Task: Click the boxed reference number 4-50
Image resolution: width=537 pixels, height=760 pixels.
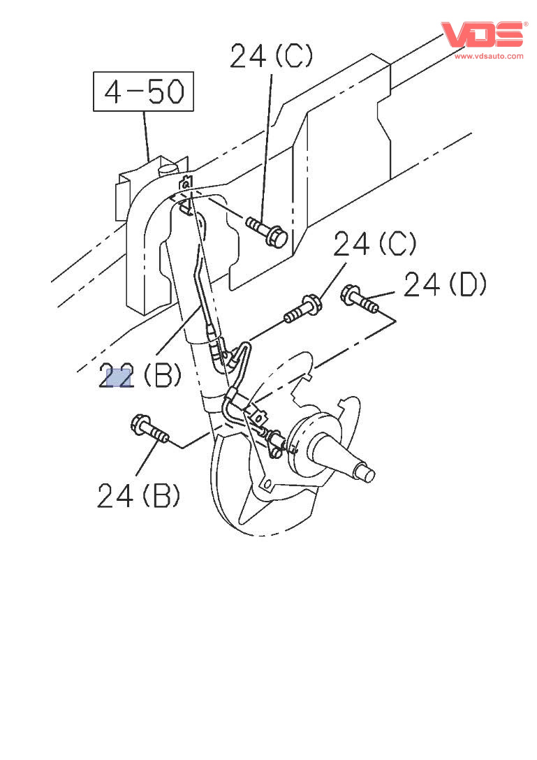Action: tap(144, 92)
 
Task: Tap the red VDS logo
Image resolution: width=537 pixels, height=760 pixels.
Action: tap(482, 34)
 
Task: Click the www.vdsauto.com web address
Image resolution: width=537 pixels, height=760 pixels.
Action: tap(489, 56)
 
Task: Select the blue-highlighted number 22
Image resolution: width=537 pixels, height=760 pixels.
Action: tap(116, 377)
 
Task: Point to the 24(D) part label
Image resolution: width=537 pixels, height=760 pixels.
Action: tap(445, 285)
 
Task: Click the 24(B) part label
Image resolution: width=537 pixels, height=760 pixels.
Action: tap(138, 496)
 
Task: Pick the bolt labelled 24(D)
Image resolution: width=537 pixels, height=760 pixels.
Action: tap(359, 299)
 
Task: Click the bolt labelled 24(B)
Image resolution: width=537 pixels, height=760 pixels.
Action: tap(149, 429)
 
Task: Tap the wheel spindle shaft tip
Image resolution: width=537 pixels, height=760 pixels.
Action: tap(368, 475)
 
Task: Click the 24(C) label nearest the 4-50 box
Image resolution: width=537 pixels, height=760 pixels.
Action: tap(271, 55)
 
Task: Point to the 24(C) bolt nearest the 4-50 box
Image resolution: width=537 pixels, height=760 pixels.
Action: tap(267, 233)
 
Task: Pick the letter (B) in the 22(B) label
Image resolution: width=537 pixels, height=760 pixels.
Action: tap(162, 377)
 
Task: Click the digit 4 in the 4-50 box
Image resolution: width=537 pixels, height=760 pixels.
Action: tap(115, 92)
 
